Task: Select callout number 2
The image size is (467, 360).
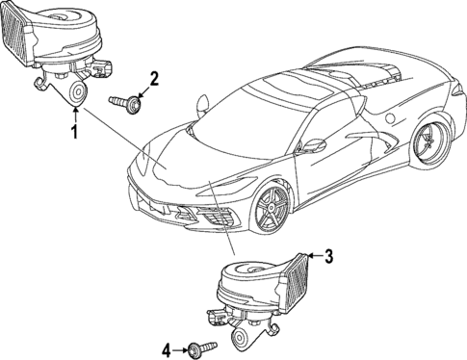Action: [154, 78]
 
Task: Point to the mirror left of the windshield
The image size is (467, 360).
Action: [202, 101]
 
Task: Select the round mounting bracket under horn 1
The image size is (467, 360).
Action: [73, 91]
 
